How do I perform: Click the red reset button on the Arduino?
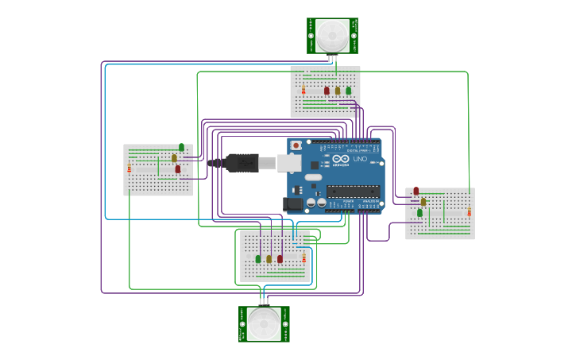click(296, 145)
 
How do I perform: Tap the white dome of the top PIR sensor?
click(332, 33)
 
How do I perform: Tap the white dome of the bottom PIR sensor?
click(264, 323)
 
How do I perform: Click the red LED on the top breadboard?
click(327, 91)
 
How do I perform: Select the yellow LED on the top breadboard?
click(338, 91)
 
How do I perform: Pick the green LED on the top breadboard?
click(348, 91)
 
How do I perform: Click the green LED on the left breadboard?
click(181, 147)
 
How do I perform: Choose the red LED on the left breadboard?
click(178, 168)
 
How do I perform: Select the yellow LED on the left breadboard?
click(174, 158)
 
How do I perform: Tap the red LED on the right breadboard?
click(416, 191)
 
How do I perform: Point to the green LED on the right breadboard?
click(419, 212)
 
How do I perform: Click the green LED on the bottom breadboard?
click(258, 259)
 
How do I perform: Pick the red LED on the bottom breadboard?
click(280, 259)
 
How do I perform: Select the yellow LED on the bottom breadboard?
click(269, 259)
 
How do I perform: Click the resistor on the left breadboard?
click(130, 168)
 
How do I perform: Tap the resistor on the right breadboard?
click(469, 211)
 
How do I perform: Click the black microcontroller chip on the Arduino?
click(353, 191)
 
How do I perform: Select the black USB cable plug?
click(242, 163)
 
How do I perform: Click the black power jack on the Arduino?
click(294, 204)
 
